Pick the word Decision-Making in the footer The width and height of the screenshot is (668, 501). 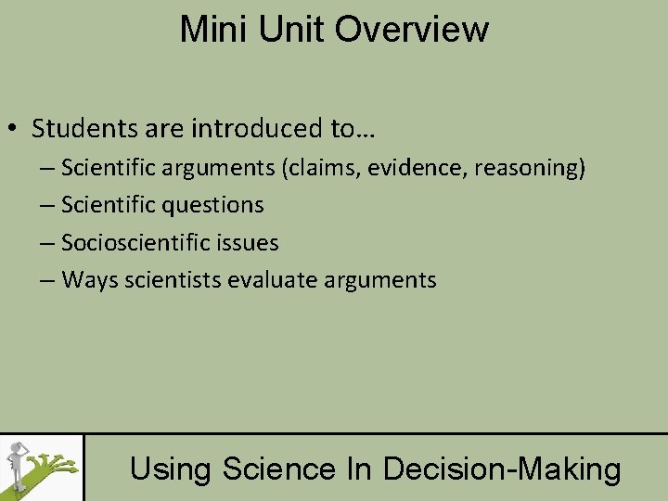point(502,469)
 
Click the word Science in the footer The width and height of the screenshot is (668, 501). point(278,469)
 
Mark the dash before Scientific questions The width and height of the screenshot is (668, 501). point(48,205)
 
